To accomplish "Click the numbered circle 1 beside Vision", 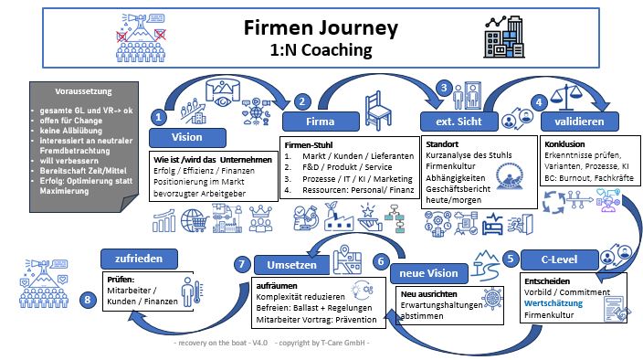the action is pos(160,117).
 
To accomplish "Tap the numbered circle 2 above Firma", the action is pos(304,101).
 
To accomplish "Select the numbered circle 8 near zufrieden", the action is pos(88,299).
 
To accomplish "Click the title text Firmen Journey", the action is pos(320,27).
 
